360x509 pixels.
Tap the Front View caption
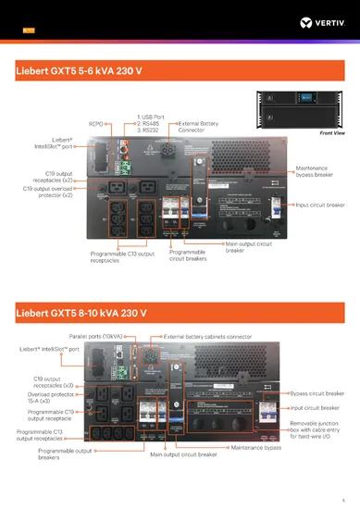click(x=332, y=133)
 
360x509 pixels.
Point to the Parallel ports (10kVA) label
click(x=103, y=336)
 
